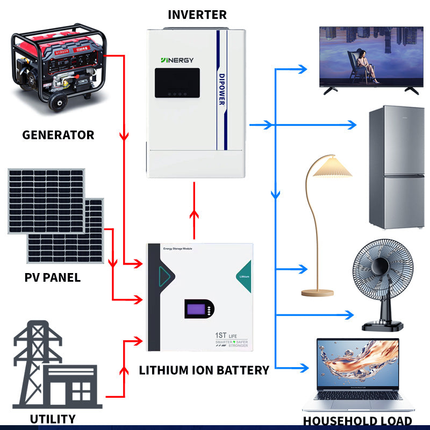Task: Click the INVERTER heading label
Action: point(197,14)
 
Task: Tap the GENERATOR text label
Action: point(58,135)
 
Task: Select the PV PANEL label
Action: point(53,278)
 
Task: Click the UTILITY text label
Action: point(53,419)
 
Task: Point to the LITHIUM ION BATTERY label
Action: point(204,370)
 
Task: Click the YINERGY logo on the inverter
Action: point(177,60)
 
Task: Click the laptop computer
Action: point(357,376)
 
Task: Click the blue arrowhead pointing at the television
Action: point(303,69)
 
